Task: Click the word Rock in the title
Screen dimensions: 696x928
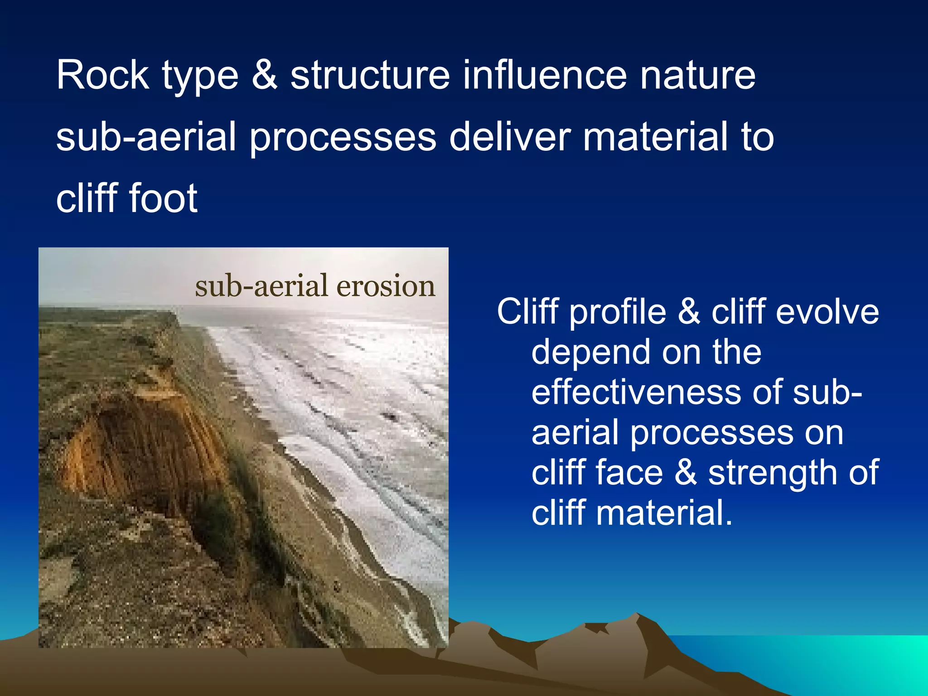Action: (102, 75)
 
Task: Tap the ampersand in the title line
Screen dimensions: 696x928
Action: (264, 75)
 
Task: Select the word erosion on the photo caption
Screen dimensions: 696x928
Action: (385, 286)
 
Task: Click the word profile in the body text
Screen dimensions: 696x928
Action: (617, 313)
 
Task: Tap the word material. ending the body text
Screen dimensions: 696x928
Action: (664, 513)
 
